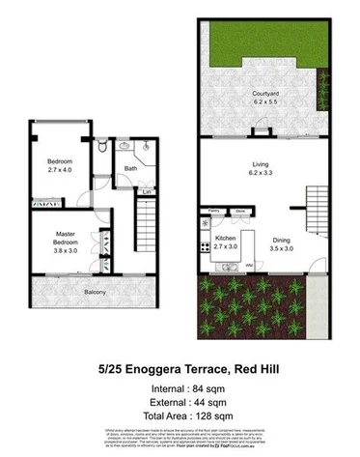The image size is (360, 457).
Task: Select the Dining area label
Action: [281, 239]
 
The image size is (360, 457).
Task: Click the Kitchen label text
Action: [225, 238]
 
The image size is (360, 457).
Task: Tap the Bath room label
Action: [129, 169]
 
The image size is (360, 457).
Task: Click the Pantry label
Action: [211, 210]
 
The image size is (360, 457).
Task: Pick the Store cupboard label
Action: [240, 210]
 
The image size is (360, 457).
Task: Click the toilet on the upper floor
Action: [102, 146]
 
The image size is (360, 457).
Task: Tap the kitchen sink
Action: [205, 224]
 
